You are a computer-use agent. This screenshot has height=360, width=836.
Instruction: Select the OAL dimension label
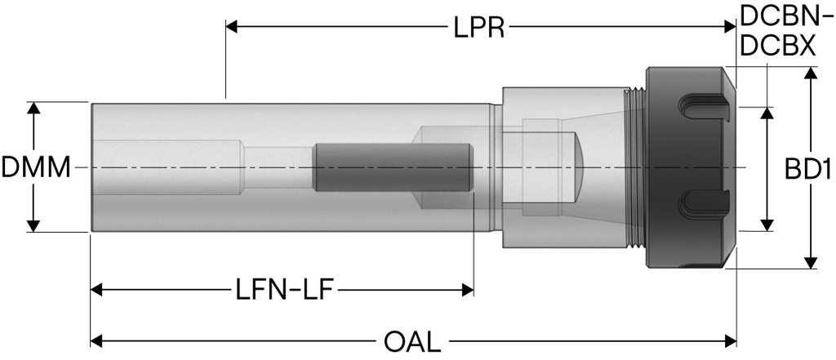coord(411,340)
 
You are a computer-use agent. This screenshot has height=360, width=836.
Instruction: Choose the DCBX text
coord(776,47)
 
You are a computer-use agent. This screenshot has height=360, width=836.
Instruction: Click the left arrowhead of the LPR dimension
coord(231,28)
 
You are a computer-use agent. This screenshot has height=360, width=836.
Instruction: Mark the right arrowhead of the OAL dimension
coord(731,340)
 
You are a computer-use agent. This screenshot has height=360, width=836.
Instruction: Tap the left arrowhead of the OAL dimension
coord(96,340)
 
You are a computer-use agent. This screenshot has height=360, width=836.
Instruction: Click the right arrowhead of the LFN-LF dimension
coord(468,290)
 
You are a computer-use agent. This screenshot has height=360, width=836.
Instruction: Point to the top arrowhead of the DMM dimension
coord(33,108)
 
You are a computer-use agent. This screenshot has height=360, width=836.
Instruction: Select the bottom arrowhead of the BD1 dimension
coord(810,262)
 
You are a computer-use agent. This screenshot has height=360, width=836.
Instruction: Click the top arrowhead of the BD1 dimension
coord(810,73)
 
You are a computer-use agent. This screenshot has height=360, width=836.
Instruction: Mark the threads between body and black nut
coord(634,168)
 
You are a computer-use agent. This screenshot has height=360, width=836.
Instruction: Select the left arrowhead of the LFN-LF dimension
coord(96,290)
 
